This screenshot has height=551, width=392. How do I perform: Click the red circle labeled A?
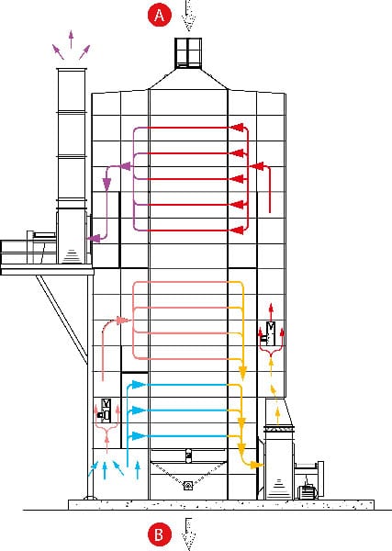(160, 15)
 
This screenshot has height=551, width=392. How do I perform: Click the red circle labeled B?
(160, 534)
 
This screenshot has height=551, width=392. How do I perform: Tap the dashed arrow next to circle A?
(189, 16)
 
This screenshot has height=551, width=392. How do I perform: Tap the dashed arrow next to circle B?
(188, 534)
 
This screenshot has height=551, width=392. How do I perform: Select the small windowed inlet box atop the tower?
(188, 52)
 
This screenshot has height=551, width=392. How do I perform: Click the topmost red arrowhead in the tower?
(238, 128)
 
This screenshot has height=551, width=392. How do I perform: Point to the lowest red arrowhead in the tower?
(238, 231)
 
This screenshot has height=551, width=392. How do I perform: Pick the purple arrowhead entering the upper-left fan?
(94, 239)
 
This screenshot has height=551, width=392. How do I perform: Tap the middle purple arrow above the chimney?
(71, 39)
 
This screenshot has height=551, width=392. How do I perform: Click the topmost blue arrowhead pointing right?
(139, 385)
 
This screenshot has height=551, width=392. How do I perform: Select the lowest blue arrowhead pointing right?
(139, 436)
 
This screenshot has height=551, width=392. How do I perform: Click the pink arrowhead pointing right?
(123, 320)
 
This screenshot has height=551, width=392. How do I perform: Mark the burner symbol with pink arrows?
(106, 410)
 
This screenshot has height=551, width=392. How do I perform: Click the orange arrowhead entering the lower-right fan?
(257, 466)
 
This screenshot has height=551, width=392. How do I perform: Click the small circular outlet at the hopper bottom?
(188, 486)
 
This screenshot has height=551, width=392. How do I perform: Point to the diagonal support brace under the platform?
(62, 319)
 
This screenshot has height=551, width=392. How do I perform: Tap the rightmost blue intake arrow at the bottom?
(138, 469)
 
